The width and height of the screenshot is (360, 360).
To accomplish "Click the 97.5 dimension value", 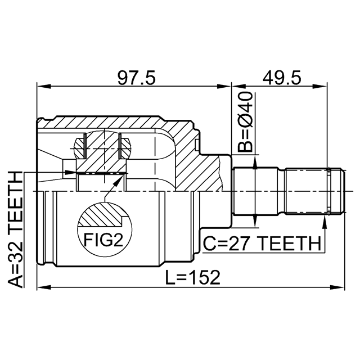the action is pyautogui.click(x=136, y=78).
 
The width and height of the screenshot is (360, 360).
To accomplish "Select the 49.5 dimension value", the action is pyautogui.click(x=281, y=78).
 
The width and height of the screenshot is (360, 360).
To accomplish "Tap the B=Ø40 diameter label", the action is pyautogui.click(x=245, y=122).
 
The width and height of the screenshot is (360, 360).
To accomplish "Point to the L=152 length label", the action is pyautogui.click(x=192, y=277).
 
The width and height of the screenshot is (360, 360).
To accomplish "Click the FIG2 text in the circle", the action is pyautogui.click(x=103, y=240).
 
